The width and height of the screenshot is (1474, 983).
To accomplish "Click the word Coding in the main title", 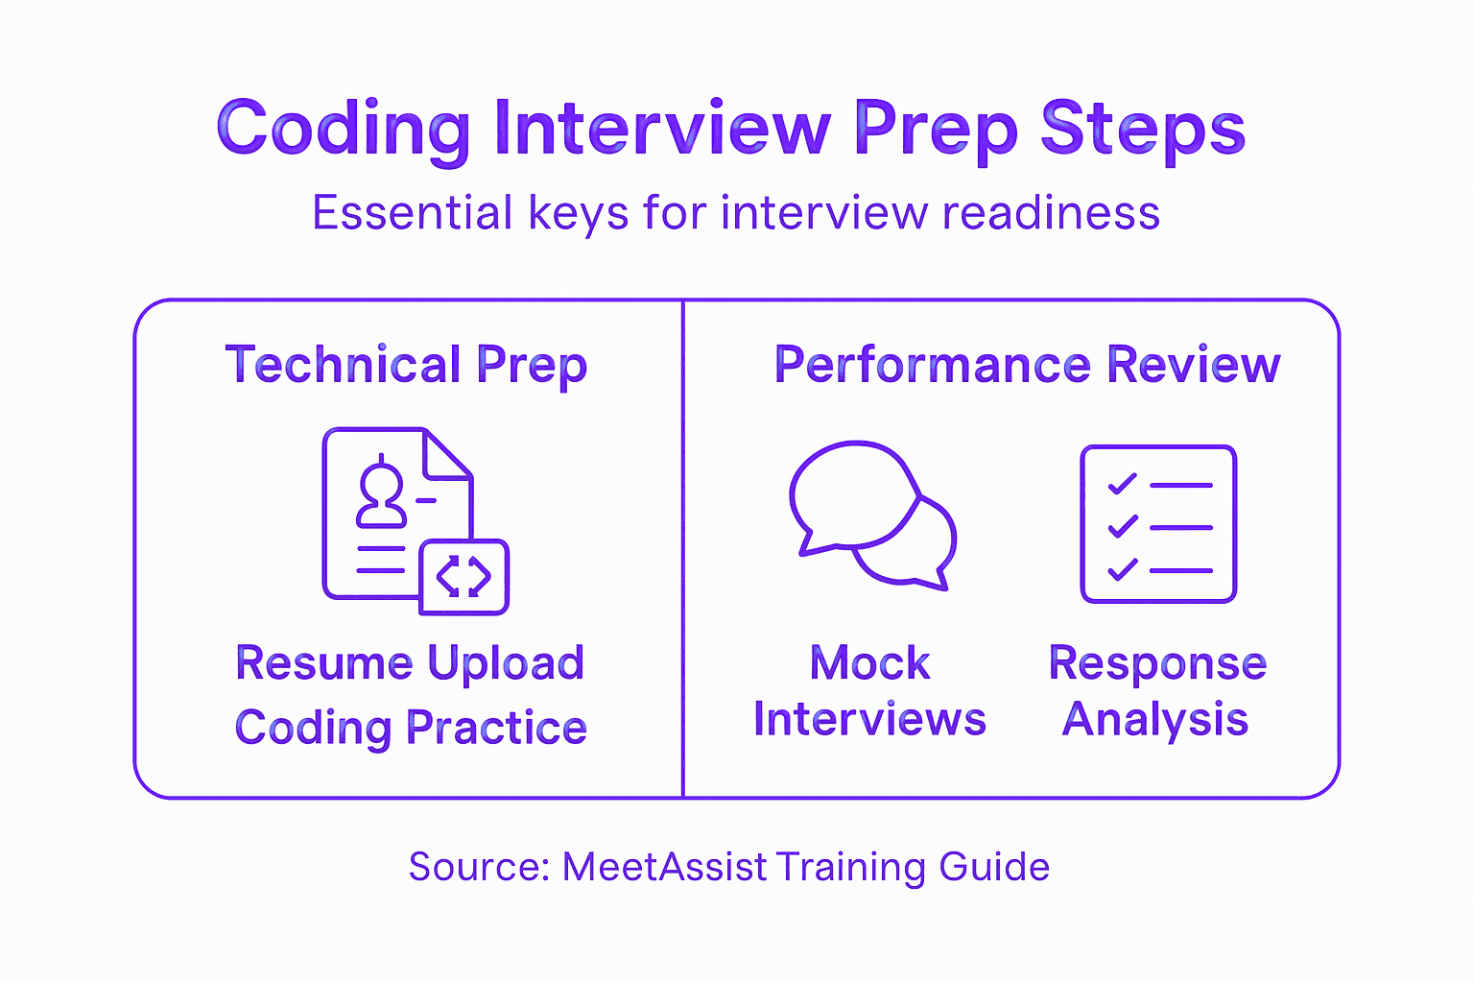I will click(x=343, y=129).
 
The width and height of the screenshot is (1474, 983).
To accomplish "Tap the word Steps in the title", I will click(x=1143, y=129).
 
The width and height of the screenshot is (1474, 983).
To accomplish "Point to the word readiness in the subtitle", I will click(x=1051, y=213).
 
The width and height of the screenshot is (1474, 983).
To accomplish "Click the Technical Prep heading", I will click(x=406, y=366).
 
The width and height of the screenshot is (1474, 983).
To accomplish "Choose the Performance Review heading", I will click(x=1027, y=366).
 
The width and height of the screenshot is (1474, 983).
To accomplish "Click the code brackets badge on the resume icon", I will click(x=464, y=577).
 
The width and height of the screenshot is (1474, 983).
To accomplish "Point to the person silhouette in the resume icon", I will click(x=381, y=495).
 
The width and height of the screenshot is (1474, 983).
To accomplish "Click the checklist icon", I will click(x=1158, y=524).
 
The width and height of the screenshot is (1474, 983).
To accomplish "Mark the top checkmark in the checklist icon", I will click(x=1122, y=484).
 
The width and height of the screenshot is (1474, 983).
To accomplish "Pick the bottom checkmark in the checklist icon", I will click(x=1122, y=569).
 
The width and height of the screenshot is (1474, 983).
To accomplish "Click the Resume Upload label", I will click(x=410, y=663).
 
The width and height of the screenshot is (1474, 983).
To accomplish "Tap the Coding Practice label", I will click(x=410, y=728).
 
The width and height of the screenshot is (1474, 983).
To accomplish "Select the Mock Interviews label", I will click(x=869, y=691).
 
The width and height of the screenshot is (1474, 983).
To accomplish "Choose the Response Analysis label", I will click(x=1156, y=691).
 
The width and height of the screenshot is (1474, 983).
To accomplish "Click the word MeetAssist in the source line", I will click(x=664, y=867).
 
